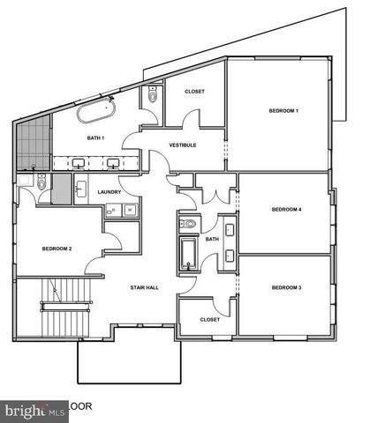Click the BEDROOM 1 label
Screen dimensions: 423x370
click(x=283, y=111)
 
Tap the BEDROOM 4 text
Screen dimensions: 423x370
click(x=286, y=209)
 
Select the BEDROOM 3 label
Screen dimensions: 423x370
click(x=286, y=288)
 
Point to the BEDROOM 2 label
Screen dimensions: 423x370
click(x=57, y=249)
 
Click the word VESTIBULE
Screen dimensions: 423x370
click(x=183, y=145)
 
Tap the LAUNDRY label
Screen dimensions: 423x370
click(x=109, y=191)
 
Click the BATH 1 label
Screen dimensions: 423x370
click(x=95, y=138)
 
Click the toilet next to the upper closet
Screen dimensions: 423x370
click(x=154, y=99)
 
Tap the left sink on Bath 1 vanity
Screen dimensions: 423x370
click(x=77, y=162)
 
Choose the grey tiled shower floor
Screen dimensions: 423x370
click(x=34, y=141)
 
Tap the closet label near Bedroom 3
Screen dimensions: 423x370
click(x=209, y=319)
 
